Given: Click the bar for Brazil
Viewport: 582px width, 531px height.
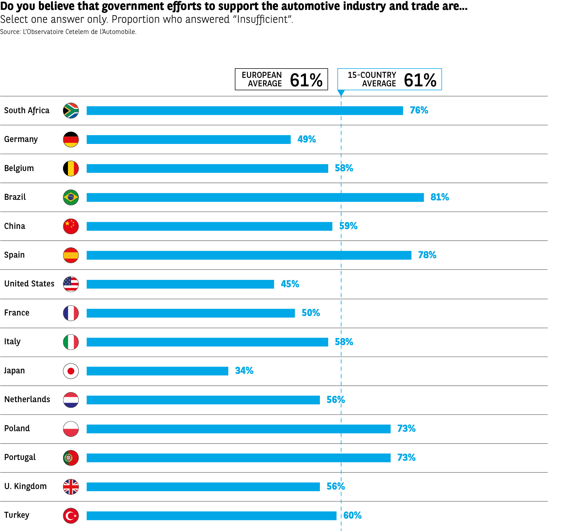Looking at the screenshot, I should [x=255, y=197].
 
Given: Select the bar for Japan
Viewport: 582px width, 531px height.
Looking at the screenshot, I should [x=157, y=371].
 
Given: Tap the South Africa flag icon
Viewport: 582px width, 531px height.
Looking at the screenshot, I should [x=71, y=111].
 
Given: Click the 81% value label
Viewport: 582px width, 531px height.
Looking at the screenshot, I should [x=439, y=197].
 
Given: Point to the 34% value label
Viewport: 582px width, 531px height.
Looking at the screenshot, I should [x=244, y=371].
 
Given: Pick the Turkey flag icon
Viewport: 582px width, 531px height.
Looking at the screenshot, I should [x=71, y=516].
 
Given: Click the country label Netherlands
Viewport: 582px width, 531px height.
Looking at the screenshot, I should [x=27, y=399].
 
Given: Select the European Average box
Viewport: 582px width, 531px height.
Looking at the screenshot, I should [x=281, y=79].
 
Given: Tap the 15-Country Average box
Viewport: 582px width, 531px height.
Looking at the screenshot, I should [x=389, y=79].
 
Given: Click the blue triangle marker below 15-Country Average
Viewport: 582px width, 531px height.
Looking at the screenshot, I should [x=341, y=93].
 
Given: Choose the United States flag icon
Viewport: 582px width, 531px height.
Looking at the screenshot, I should [x=71, y=284].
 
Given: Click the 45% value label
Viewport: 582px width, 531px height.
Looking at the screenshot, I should [x=290, y=284].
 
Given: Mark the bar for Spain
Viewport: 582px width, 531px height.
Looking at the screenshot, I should [x=249, y=255].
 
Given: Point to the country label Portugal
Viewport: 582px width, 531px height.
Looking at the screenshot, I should [x=20, y=457].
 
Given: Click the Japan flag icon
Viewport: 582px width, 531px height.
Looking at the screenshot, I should [x=71, y=371].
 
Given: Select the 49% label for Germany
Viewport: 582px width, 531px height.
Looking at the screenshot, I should [x=306, y=139].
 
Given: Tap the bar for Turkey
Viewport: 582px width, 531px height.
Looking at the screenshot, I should [x=211, y=516].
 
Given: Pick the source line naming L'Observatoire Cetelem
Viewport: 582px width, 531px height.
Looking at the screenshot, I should [x=68, y=32].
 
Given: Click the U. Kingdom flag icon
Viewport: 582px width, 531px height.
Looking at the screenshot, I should [x=71, y=487].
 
